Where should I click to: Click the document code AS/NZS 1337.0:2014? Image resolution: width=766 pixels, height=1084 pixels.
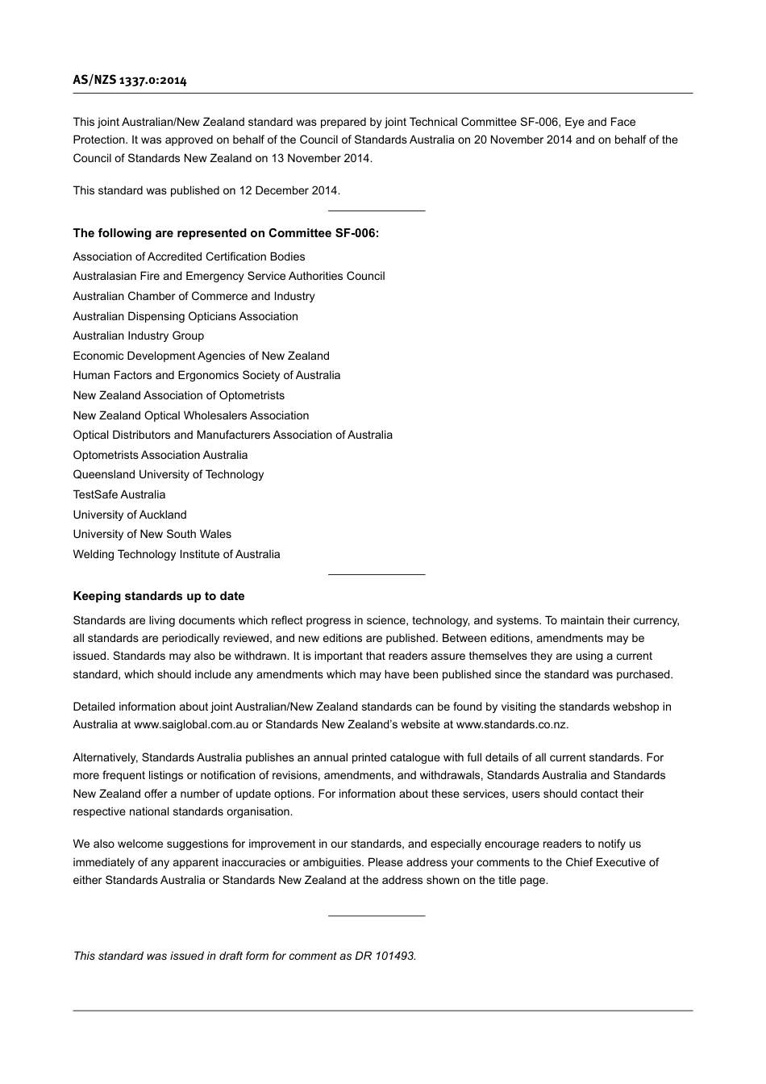pyautogui.click(x=130, y=80)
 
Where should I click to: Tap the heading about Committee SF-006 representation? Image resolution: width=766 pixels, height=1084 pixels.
pyautogui.click(x=226, y=233)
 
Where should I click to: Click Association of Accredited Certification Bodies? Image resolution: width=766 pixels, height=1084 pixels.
pyautogui.click(x=189, y=256)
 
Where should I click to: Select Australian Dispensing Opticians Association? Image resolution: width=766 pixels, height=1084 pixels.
pyautogui.click(x=185, y=316)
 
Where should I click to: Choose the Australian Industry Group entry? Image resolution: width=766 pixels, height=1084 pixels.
pyautogui.click(x=138, y=336)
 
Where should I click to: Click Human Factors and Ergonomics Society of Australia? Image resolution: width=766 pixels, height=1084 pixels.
pyautogui.click(x=206, y=375)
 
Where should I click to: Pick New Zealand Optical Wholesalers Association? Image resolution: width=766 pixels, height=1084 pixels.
pyautogui.click(x=191, y=415)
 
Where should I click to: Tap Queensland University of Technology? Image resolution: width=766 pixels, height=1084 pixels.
pyautogui.click(x=169, y=474)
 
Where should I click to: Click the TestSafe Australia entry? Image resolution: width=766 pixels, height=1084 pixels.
pyautogui.click(x=119, y=494)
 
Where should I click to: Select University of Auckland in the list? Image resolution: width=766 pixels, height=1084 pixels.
pyautogui.click(x=130, y=515)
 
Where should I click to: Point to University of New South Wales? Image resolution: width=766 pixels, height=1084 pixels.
pyautogui.click(x=152, y=534)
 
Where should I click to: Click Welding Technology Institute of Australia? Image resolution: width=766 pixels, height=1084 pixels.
pyautogui.click(x=177, y=554)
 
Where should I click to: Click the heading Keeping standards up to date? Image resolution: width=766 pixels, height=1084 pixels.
pyautogui.click(x=159, y=596)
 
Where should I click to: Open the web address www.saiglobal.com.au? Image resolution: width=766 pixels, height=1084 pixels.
pyautogui.click(x=191, y=724)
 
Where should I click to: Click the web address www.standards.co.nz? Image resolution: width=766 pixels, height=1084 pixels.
pyautogui.click(x=511, y=724)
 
